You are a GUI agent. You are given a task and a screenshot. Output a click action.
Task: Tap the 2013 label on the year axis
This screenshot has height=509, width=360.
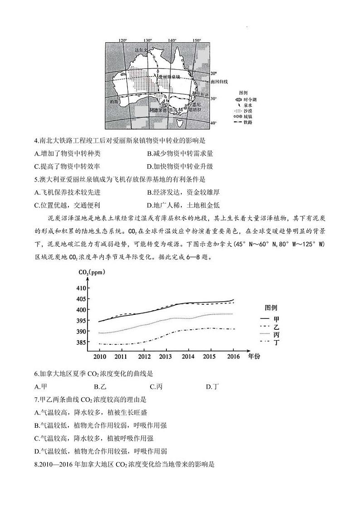coord(165,357)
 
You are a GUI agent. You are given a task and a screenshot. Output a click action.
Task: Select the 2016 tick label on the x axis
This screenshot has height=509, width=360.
coord(233,357)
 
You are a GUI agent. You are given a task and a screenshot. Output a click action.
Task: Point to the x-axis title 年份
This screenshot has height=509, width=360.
coord(254,357)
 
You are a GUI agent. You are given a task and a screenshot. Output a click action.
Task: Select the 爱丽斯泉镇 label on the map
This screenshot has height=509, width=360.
coord(171,77)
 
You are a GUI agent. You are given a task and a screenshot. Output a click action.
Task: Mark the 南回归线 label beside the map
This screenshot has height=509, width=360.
coord(219,82)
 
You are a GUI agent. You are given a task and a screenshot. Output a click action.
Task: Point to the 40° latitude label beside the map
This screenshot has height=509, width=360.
coord(214,123)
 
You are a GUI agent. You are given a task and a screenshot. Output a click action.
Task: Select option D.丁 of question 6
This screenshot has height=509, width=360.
coord(212,387)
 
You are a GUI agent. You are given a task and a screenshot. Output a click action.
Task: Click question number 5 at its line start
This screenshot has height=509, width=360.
coord(36,179)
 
